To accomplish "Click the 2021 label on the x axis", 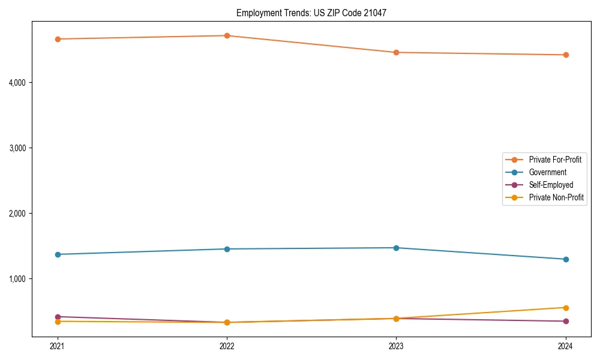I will [58, 346].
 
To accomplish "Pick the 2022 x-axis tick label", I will [227, 346].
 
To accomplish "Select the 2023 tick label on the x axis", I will [396, 346].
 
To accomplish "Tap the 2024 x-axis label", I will [566, 346].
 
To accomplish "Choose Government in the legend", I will [547, 172].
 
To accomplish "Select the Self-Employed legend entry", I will [551, 185].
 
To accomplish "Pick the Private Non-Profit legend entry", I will [556, 197].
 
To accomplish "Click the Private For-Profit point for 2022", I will [227, 35].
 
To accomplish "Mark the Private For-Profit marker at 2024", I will [566, 55].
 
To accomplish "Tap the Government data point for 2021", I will [58, 254].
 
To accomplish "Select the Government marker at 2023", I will [396, 248].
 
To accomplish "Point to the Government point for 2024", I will [566, 259].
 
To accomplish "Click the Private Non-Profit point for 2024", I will [566, 308].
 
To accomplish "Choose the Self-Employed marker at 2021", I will [58, 317].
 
